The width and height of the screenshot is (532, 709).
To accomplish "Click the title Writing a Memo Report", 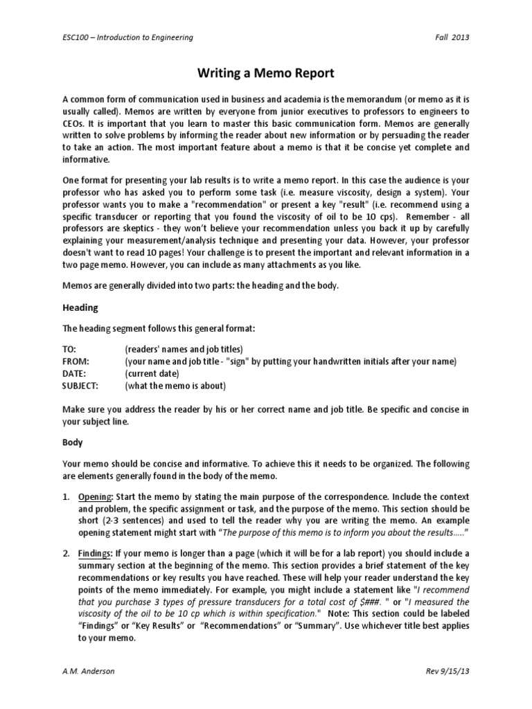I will coord(265,71).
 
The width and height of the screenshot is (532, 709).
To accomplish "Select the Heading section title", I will coord(80,307).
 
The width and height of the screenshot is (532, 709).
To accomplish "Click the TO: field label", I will coord(69,349).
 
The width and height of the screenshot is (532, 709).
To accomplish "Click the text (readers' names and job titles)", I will coord(184,349).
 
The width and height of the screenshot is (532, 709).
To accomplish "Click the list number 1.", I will coord(66,498).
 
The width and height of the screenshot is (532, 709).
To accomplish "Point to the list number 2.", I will coord(66,554).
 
